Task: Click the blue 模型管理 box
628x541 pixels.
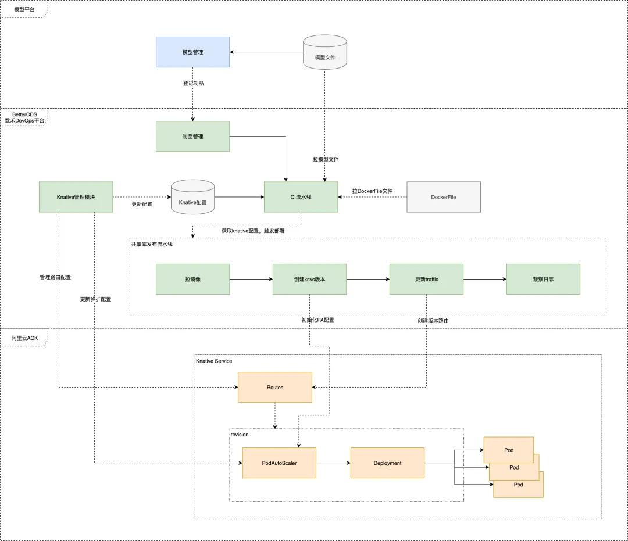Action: (x=192, y=52)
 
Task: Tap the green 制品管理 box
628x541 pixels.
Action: (x=192, y=137)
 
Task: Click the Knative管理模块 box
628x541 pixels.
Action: (x=76, y=197)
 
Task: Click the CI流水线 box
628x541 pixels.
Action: (x=301, y=197)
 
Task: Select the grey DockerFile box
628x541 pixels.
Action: (x=444, y=197)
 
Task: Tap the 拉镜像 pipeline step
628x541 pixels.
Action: (x=192, y=279)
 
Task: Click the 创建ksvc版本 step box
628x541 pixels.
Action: (x=309, y=279)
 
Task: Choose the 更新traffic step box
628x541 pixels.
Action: (x=426, y=279)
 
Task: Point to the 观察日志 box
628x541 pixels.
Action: (x=543, y=279)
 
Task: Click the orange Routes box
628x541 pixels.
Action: (x=275, y=387)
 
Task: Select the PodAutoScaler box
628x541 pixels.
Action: (x=279, y=463)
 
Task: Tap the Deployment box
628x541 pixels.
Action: (x=387, y=463)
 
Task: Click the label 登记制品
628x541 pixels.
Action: (x=193, y=83)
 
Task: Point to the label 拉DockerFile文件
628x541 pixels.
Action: (x=372, y=191)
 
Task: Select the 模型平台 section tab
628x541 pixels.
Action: (x=23, y=9)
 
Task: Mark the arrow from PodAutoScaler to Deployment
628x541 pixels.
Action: (x=333, y=463)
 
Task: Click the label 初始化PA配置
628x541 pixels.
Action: (x=317, y=320)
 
